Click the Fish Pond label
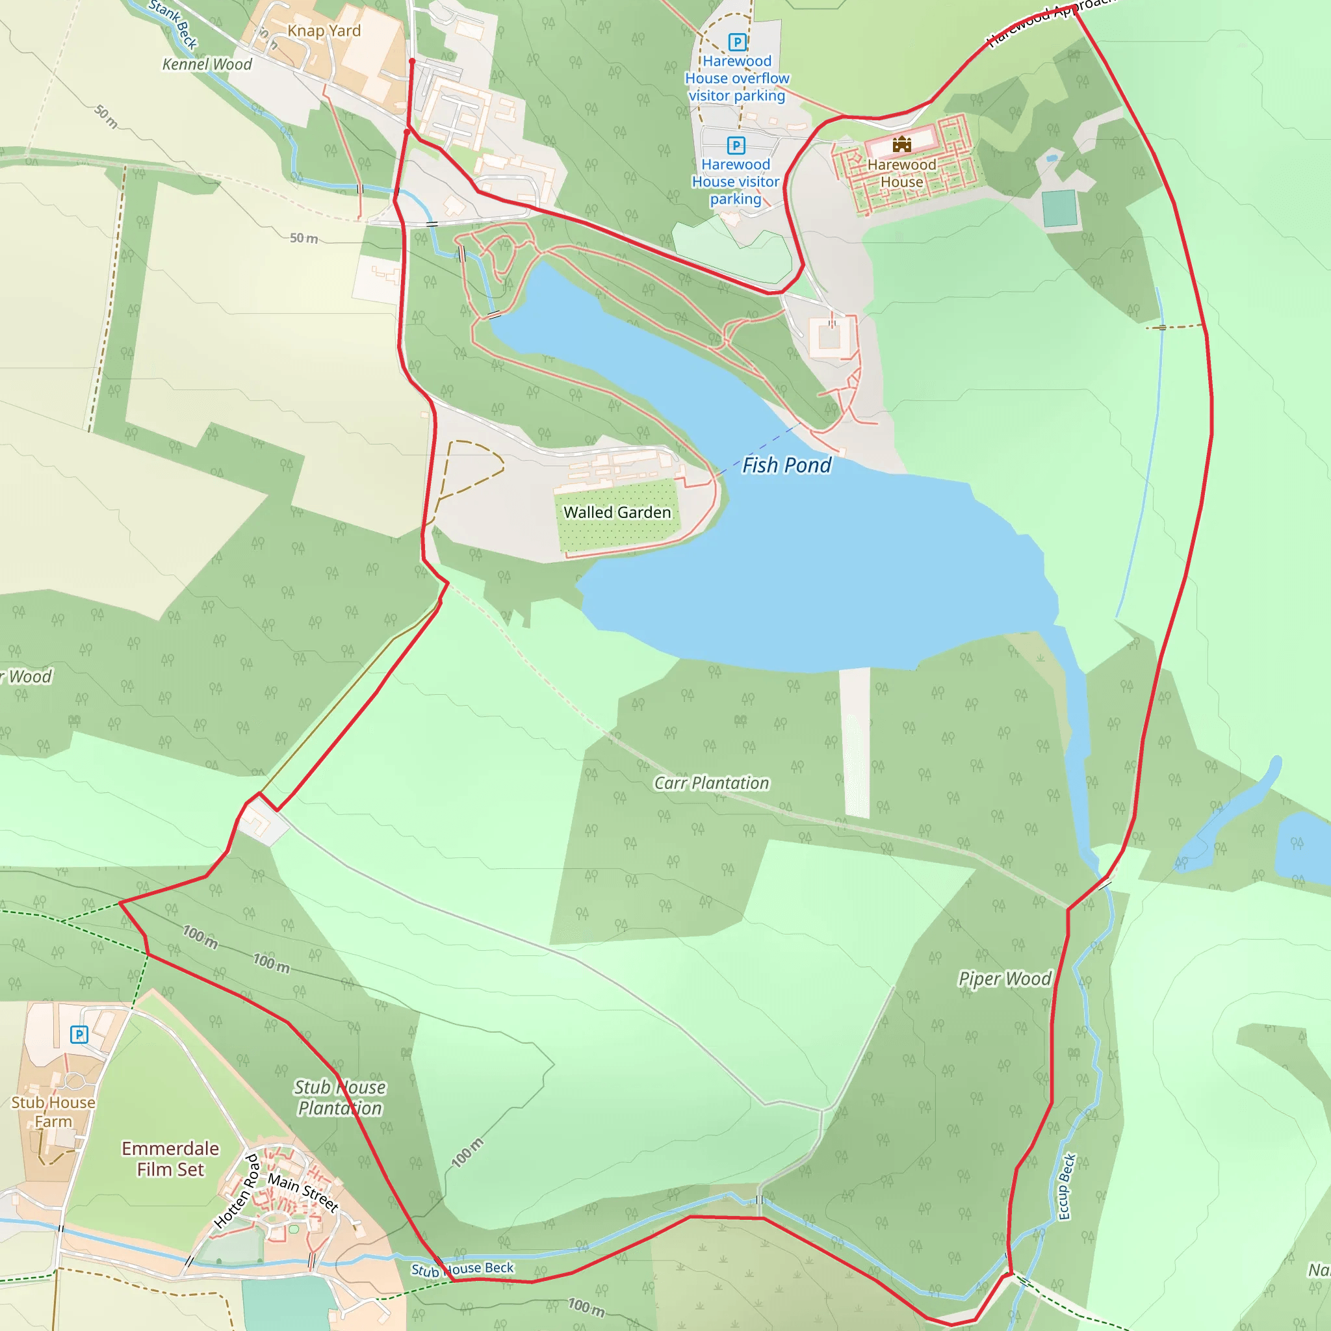tap(786, 466)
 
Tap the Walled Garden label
tap(617, 513)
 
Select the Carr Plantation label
tap(711, 783)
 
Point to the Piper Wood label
tap(1005, 979)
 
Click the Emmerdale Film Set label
tap(170, 1159)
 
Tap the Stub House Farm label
tap(53, 1112)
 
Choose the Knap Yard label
tap(324, 31)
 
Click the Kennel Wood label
tap(207, 65)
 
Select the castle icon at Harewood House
tap(902, 145)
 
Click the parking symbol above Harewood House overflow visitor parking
tap(737, 42)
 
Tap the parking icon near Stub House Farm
tap(79, 1034)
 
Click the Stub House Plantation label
tap(340, 1098)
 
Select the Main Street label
tap(303, 1193)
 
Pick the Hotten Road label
tap(237, 1192)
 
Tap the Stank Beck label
tap(174, 23)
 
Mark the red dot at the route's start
tap(412, 61)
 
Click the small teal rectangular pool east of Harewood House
tap(1059, 208)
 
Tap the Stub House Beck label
tap(462, 1269)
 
